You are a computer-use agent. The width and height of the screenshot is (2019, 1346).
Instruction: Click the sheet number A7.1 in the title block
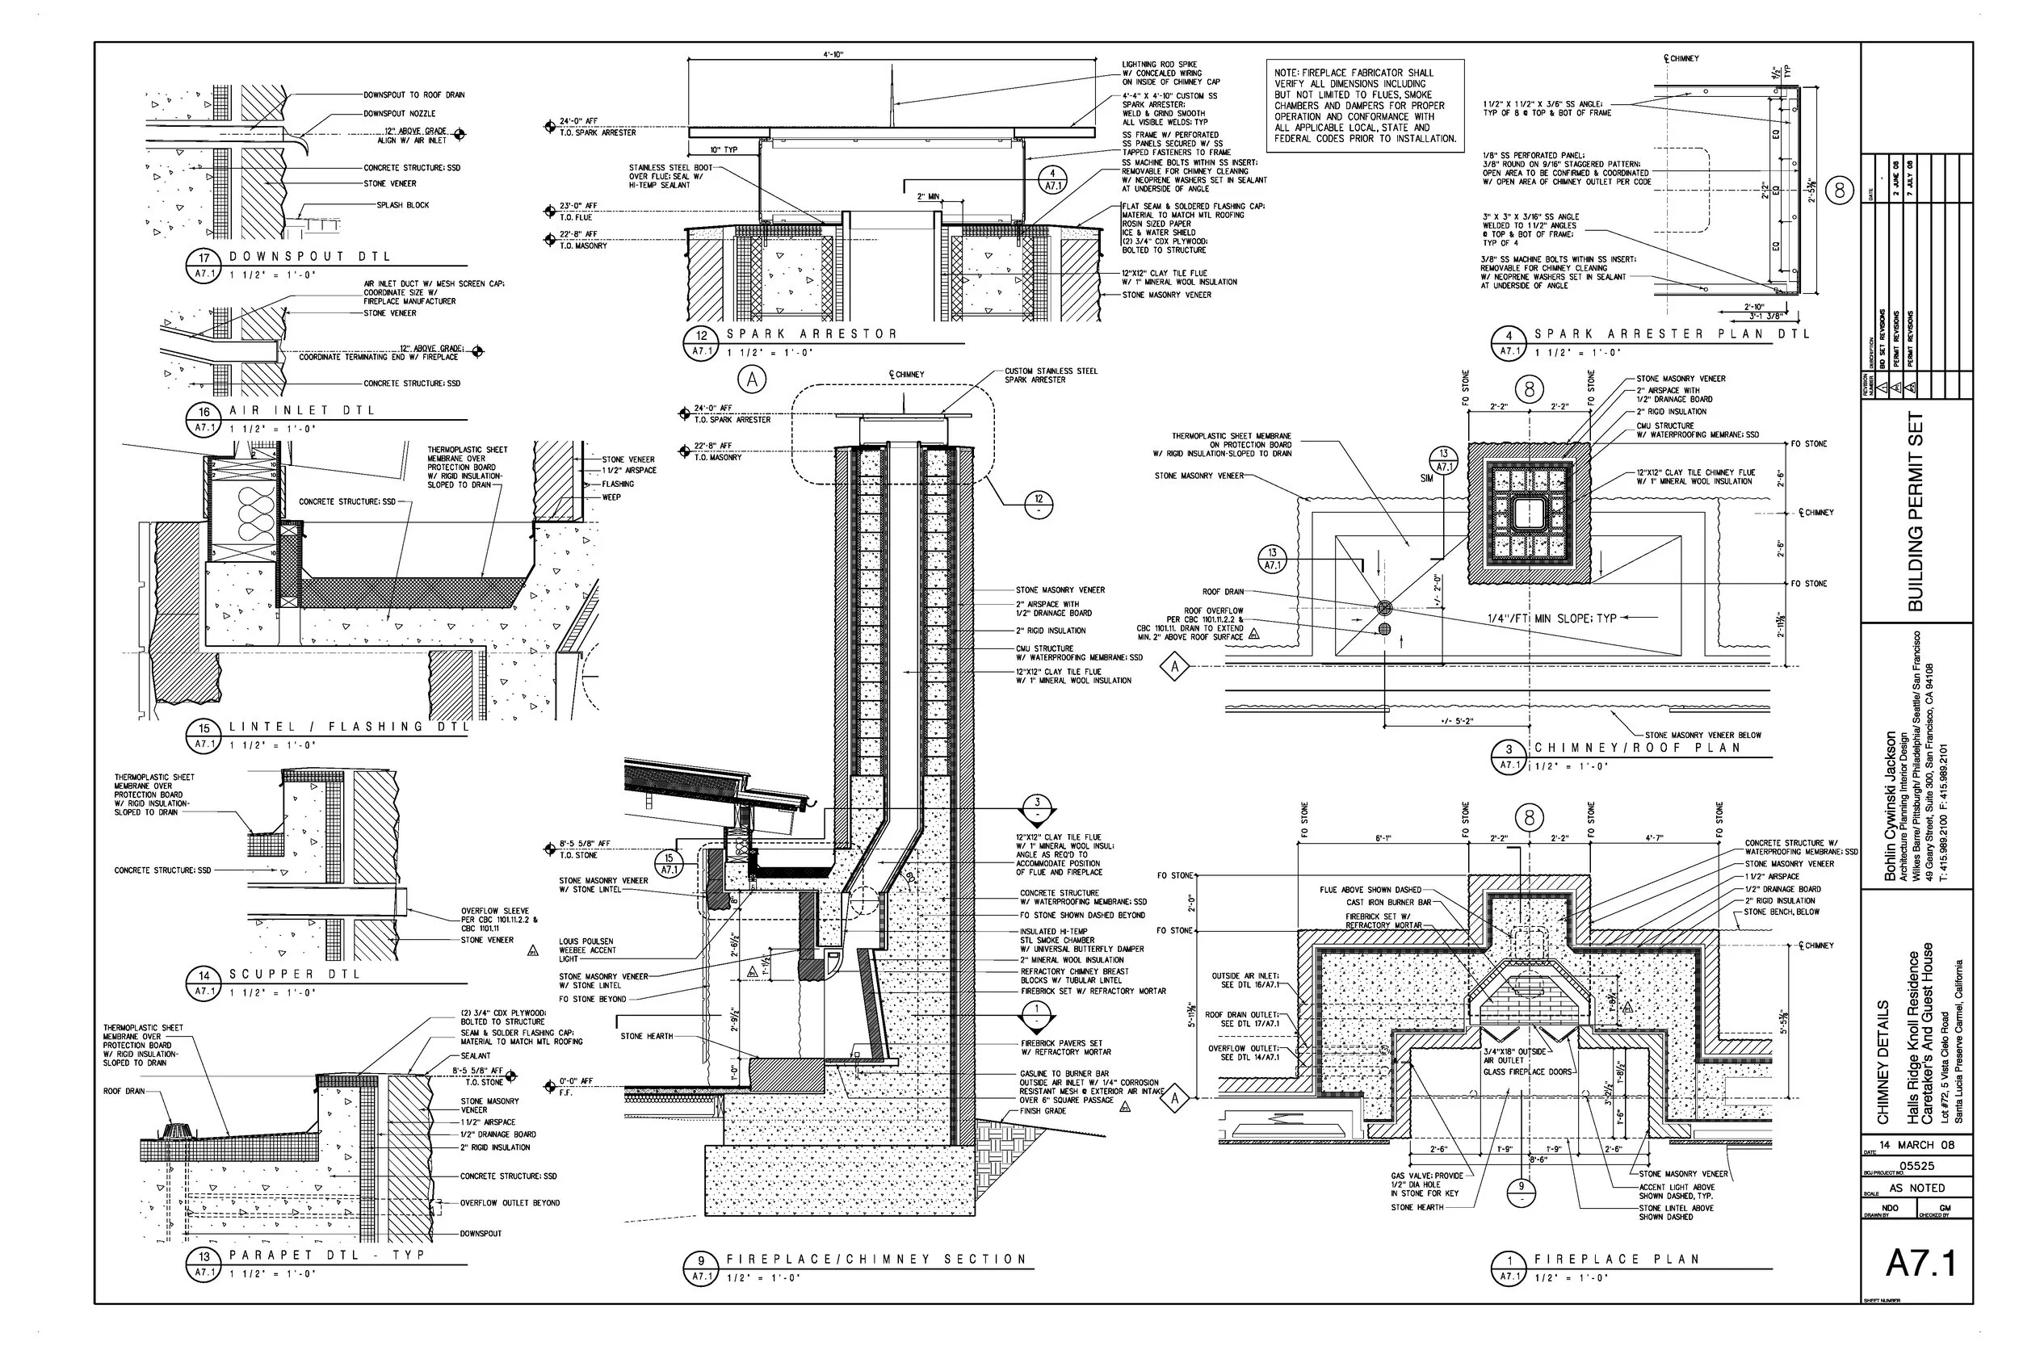click(x=1921, y=1263)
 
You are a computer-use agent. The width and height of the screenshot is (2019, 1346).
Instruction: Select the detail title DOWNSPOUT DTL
click(x=310, y=256)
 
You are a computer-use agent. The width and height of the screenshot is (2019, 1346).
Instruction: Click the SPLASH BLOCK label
click(x=403, y=205)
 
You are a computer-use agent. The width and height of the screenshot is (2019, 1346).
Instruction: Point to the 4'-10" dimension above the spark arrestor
click(x=833, y=54)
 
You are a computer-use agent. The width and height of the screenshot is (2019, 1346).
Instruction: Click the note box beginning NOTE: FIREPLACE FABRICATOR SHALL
click(x=1365, y=106)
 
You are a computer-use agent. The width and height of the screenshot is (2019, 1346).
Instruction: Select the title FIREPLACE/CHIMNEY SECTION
click(x=876, y=1259)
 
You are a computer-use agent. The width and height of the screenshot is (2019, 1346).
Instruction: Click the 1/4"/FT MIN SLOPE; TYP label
click(x=1552, y=618)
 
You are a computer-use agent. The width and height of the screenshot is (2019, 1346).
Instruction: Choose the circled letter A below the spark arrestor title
click(x=753, y=379)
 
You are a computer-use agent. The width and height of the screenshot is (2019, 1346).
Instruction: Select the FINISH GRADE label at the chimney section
click(x=1042, y=1111)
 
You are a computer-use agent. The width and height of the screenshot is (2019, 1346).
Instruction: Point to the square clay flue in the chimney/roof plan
click(x=1529, y=514)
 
